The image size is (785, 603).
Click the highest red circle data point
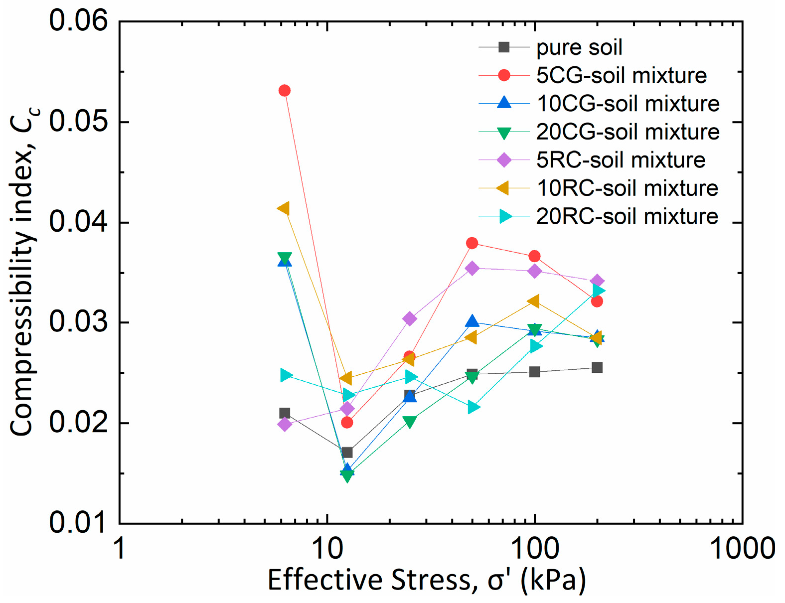pos(285,91)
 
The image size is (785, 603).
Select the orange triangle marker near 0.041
pos(283,208)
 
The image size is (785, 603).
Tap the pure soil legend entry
pos(579,47)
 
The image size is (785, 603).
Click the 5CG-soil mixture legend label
pos(621,75)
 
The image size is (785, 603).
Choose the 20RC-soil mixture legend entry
pos(627,216)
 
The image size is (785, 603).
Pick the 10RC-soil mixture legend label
pos(627,188)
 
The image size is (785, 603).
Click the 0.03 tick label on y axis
pos(78,322)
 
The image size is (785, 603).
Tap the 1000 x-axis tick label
pos(742,549)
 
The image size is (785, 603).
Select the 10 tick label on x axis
pos(327,549)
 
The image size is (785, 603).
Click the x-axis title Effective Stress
pos(427,580)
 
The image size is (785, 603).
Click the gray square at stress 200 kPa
pos(597,368)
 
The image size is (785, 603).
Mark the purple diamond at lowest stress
pos(285,424)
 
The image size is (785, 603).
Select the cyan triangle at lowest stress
pos(286,375)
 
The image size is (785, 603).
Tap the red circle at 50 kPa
pos(472,243)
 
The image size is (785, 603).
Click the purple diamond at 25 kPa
pos(410,318)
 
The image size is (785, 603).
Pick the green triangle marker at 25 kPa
pos(410,423)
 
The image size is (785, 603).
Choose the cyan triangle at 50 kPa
pos(474,408)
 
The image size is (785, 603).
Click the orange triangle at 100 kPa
pos(533,301)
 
